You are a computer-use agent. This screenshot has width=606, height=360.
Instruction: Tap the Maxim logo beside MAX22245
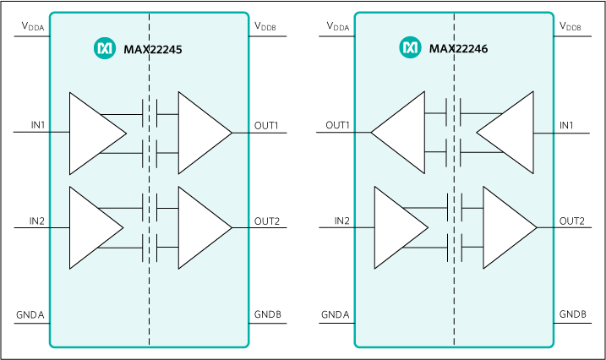pyautogui.click(x=104, y=50)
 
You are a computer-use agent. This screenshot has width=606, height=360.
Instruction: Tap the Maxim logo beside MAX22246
pyautogui.click(x=410, y=48)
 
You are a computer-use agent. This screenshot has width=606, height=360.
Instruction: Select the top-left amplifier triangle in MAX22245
pyautogui.click(x=91, y=133)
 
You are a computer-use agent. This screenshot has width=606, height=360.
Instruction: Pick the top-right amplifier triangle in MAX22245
pyautogui.click(x=199, y=133)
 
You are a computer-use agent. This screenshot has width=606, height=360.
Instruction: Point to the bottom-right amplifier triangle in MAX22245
pyautogui.click(x=199, y=228)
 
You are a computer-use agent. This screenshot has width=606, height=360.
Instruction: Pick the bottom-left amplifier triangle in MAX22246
pyautogui.click(x=396, y=228)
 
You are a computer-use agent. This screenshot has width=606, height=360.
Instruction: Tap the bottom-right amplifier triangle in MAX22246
pyautogui.click(x=505, y=228)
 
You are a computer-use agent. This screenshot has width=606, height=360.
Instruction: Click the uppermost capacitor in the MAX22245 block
pyautogui.click(x=149, y=113)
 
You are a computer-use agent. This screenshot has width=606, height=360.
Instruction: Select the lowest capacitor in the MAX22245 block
pyautogui.click(x=149, y=248)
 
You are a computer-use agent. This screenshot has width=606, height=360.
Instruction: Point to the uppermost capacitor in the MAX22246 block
pyautogui.click(x=454, y=113)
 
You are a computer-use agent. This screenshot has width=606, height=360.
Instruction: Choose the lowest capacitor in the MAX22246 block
pyautogui.click(x=454, y=248)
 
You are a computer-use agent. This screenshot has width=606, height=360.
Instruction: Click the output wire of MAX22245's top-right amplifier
pyautogui.click(x=241, y=133)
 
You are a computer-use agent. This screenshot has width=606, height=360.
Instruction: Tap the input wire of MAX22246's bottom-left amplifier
pyautogui.click(x=363, y=228)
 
